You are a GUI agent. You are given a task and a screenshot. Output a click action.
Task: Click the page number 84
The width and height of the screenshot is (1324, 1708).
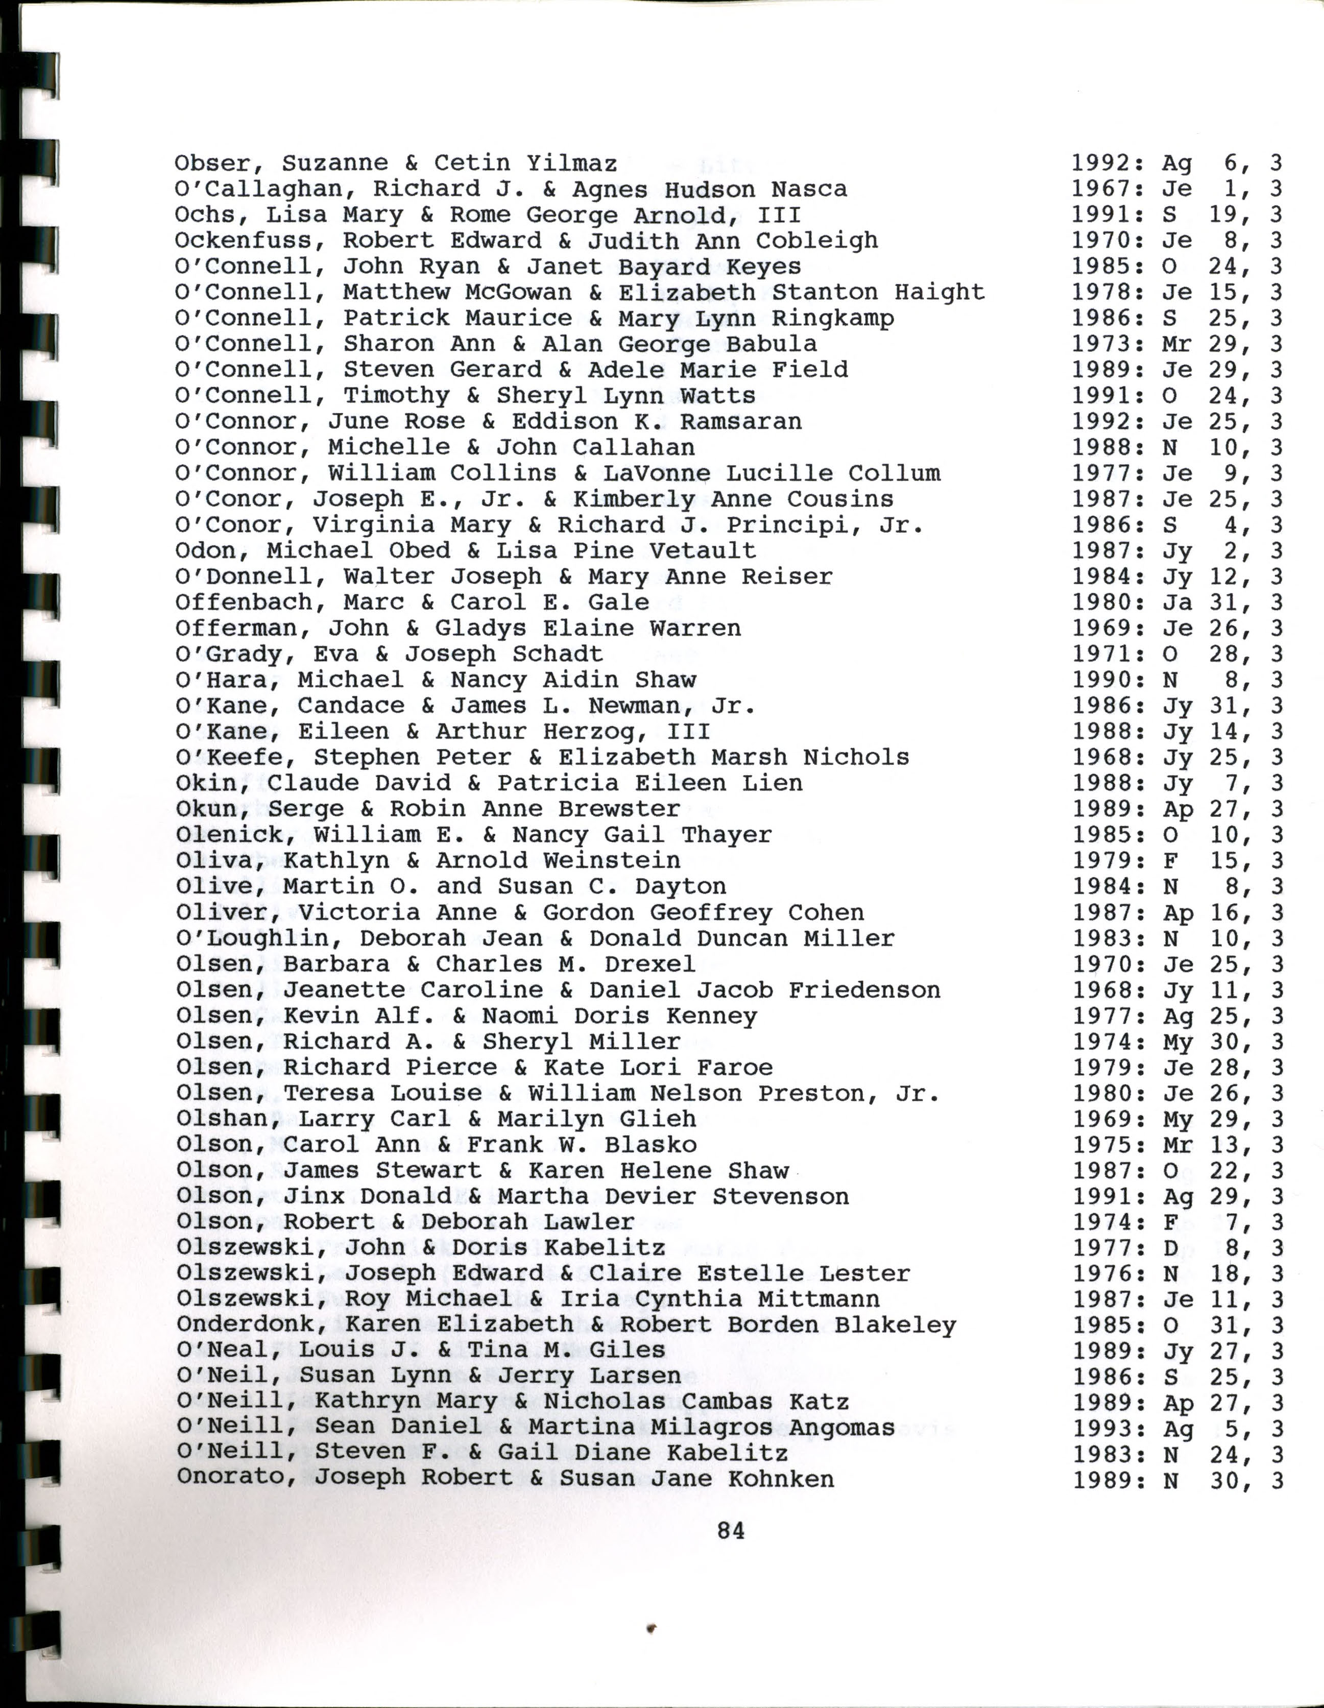731,1530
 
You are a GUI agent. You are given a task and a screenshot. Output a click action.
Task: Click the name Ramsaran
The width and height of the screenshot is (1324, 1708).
740,422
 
